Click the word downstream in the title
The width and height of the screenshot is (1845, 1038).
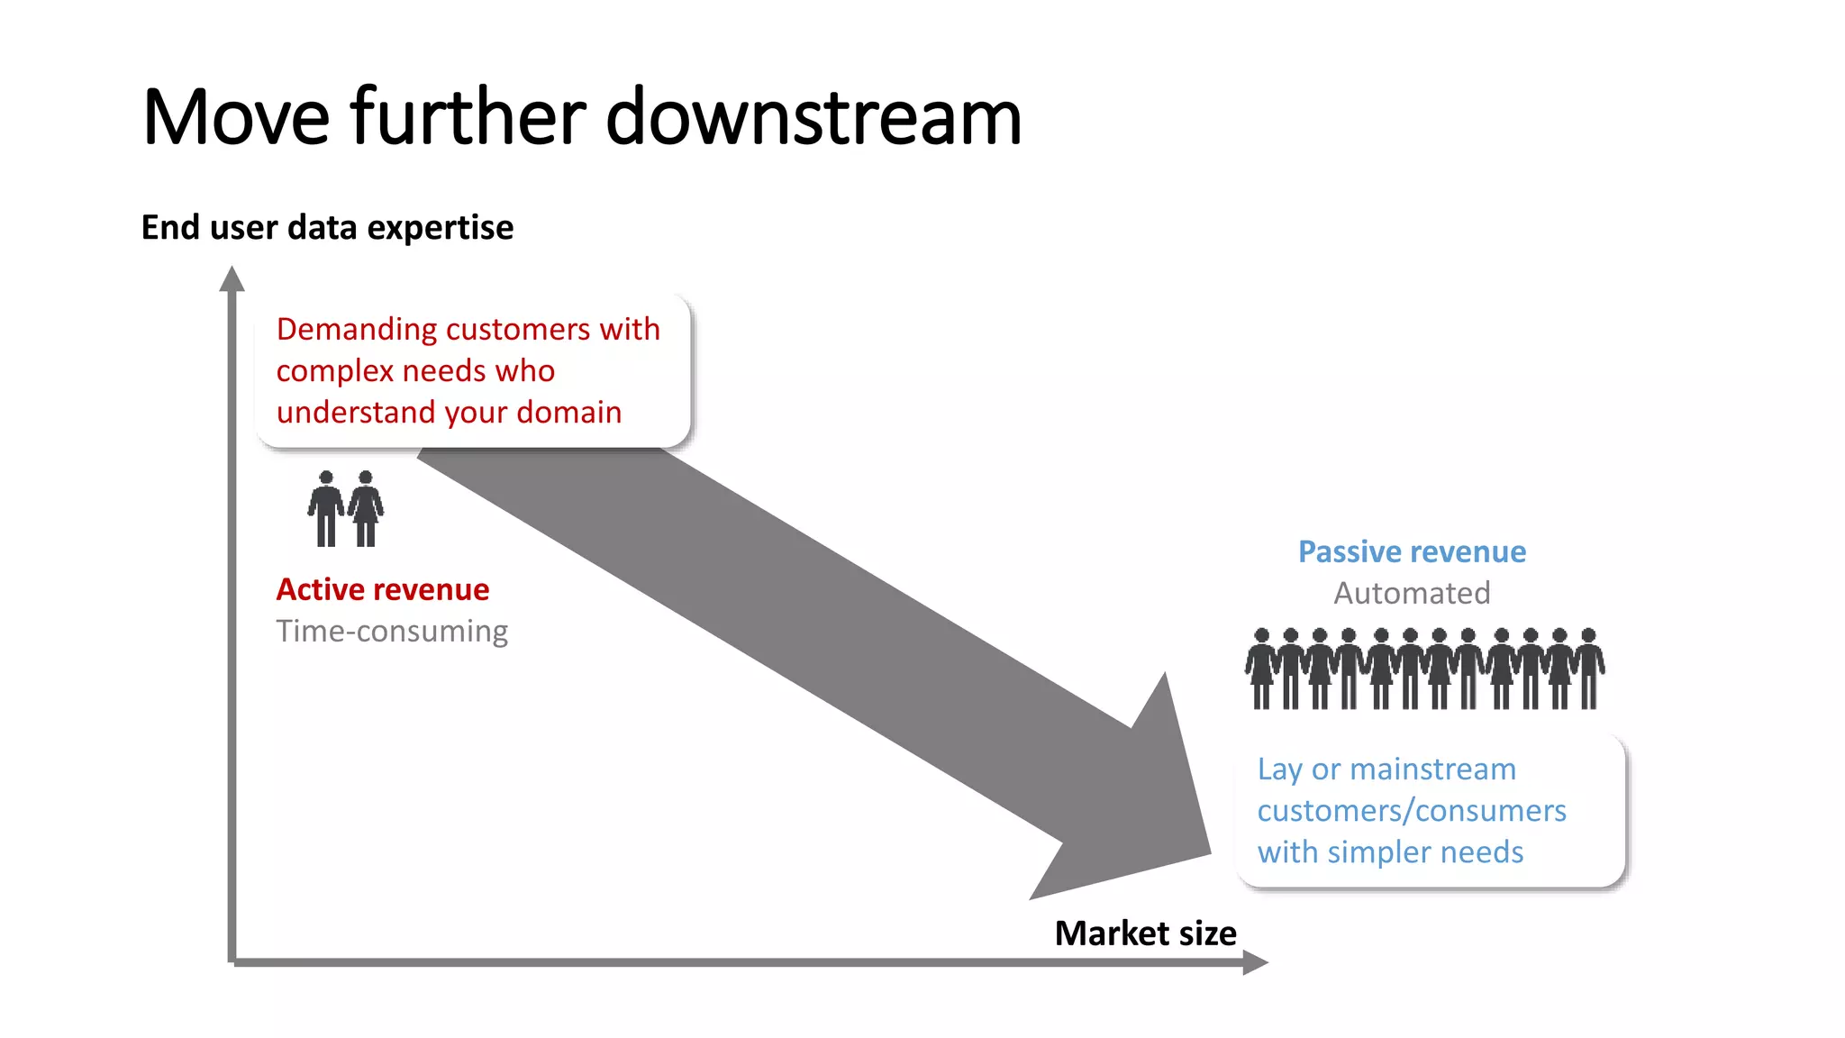pyautogui.click(x=813, y=117)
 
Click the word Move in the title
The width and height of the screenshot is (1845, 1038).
pyautogui.click(x=236, y=117)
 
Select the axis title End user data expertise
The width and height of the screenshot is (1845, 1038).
pyautogui.click(x=327, y=227)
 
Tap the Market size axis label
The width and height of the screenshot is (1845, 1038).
pyautogui.click(x=1145, y=933)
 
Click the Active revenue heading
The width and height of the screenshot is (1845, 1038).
pyautogui.click(x=382, y=589)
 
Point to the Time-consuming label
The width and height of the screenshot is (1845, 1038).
pyautogui.click(x=392, y=631)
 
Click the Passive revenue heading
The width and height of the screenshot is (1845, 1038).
pyautogui.click(x=1412, y=551)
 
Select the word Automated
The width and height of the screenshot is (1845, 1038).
pyautogui.click(x=1412, y=593)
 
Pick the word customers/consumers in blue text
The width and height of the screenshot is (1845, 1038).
pyautogui.click(x=1411, y=811)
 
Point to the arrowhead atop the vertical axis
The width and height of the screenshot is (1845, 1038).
pyautogui.click(x=232, y=279)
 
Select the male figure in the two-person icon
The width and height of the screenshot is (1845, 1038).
pyautogui.click(x=326, y=509)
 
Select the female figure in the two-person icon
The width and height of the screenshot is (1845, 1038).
pyautogui.click(x=366, y=509)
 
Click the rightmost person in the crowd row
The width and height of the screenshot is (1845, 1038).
pyautogui.click(x=1589, y=669)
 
